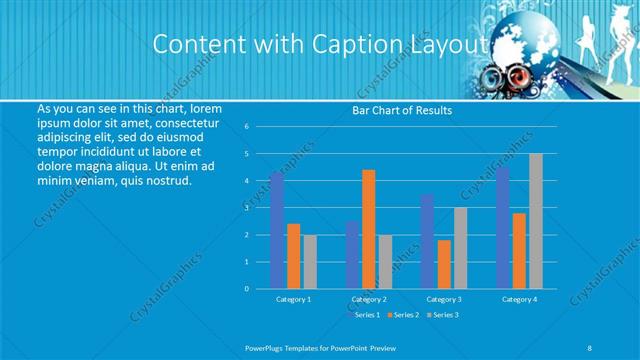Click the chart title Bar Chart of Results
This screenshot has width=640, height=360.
(402, 111)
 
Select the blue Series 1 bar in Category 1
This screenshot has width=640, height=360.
(277, 230)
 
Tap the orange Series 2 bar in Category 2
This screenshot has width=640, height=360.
(369, 229)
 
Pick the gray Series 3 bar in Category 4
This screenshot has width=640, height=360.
(536, 221)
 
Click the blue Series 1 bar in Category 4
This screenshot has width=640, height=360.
(503, 228)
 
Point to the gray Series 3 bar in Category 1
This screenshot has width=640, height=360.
(310, 261)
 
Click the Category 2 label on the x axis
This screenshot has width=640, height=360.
(369, 299)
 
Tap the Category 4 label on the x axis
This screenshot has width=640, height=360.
(519, 299)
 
